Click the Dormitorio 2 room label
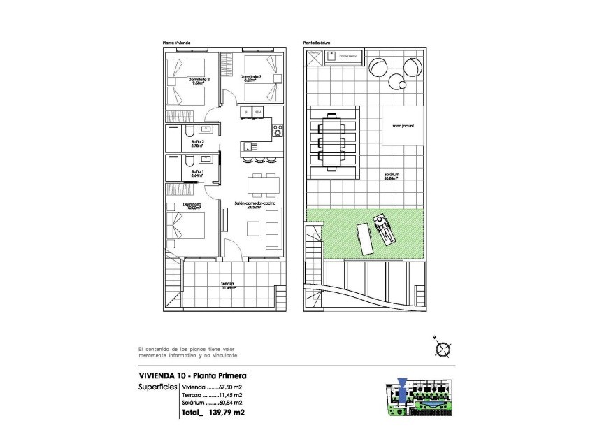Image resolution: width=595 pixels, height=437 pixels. [199, 81]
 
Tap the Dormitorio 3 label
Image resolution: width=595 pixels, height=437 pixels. [250, 78]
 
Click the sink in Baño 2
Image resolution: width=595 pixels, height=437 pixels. [206, 129]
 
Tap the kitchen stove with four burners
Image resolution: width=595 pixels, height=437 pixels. [277, 130]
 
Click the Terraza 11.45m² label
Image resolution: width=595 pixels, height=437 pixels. [227, 285]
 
